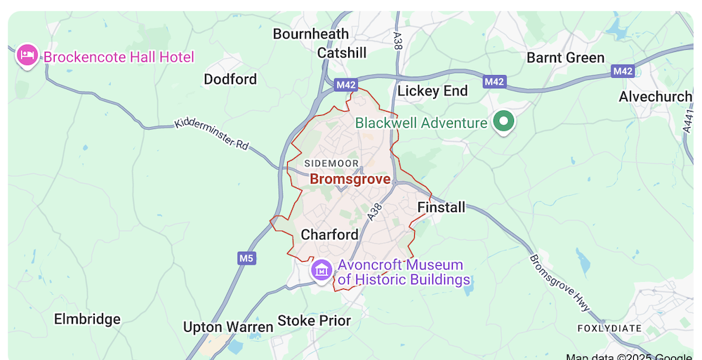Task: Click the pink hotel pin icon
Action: click(27, 55)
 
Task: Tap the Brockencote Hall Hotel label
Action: click(119, 57)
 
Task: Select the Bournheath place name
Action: click(310, 34)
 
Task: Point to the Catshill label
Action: click(342, 53)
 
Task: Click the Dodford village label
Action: click(230, 79)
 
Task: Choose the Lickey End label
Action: click(432, 91)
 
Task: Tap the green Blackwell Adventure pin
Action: click(503, 121)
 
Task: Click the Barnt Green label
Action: click(565, 58)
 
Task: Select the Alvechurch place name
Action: click(655, 97)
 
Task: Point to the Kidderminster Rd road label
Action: click(211, 133)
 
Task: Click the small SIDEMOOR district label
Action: click(331, 164)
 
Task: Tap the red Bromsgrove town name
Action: click(350, 180)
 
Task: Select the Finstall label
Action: click(441, 207)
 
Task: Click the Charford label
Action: click(329, 234)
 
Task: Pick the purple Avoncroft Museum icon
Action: click(322, 269)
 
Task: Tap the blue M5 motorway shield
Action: click(246, 258)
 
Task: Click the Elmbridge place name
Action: click(87, 319)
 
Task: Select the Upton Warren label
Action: click(227, 327)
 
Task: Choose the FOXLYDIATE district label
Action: click(609, 328)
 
